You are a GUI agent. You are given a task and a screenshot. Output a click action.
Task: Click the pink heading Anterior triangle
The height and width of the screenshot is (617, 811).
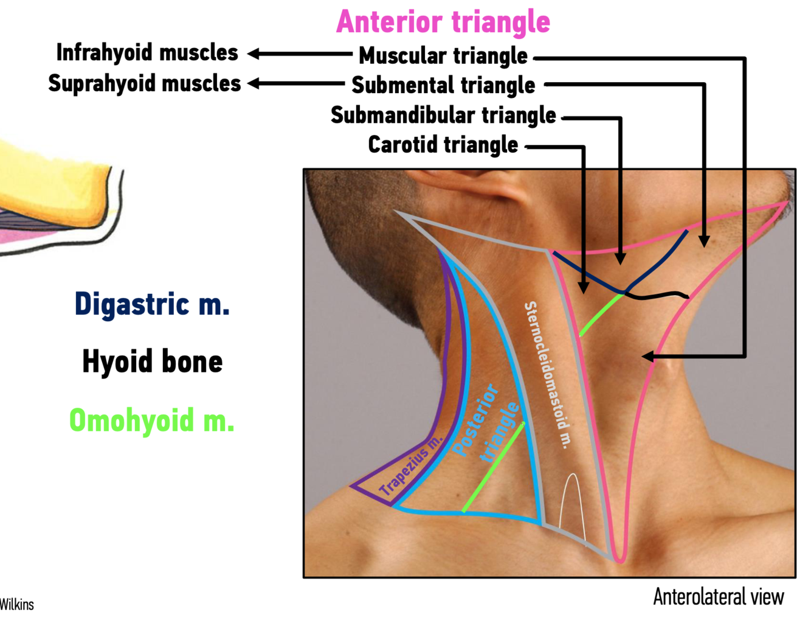(x=443, y=22)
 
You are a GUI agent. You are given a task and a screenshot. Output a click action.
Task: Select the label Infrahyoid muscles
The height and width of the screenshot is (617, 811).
(x=147, y=53)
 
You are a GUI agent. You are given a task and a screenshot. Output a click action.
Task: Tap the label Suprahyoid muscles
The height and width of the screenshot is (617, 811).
(x=145, y=83)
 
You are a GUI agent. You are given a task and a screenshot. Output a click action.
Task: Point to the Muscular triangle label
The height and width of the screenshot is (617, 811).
(x=443, y=56)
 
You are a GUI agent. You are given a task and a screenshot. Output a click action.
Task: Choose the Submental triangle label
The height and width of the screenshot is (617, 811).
(x=443, y=86)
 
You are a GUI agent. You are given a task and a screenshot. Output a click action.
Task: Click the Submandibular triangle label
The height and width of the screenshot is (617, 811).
(x=443, y=115)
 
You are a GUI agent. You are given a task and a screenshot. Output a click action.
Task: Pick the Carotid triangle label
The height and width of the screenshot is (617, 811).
(x=443, y=145)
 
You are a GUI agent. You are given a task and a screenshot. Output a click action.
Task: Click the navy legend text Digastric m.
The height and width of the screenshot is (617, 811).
(x=152, y=304)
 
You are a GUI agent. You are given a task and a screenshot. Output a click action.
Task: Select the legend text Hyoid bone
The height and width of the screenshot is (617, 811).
(x=152, y=361)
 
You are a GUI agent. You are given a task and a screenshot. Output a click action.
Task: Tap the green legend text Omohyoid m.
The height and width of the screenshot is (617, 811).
(x=151, y=420)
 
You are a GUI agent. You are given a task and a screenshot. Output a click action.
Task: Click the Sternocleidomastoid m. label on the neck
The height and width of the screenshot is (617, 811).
(x=548, y=374)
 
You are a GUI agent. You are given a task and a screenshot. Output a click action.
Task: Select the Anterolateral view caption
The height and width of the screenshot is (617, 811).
(x=718, y=597)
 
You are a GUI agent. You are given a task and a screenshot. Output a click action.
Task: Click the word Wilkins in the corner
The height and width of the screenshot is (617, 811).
(x=16, y=604)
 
